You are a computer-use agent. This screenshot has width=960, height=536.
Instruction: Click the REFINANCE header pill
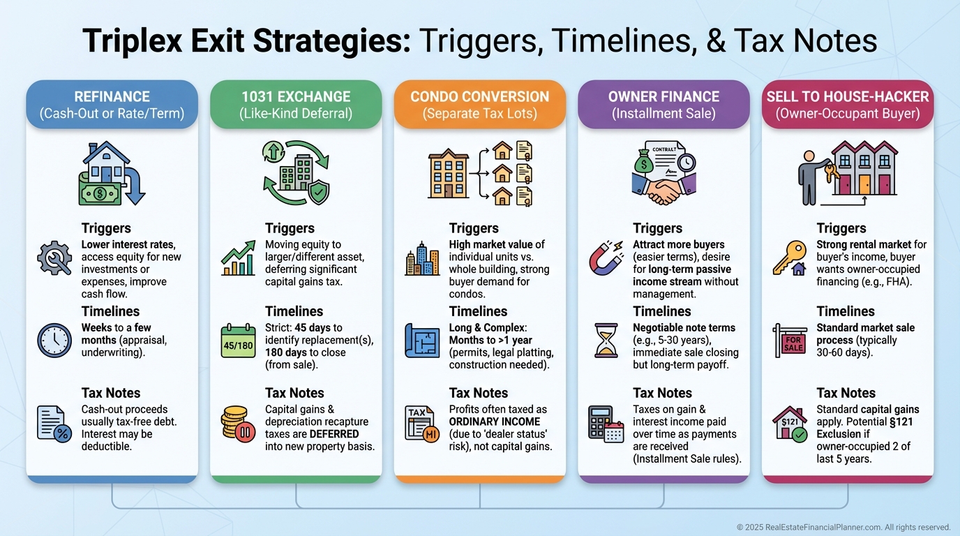(112, 105)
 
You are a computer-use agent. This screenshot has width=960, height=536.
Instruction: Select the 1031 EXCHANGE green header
(296, 105)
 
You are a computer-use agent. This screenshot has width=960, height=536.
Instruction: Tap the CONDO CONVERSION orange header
(480, 105)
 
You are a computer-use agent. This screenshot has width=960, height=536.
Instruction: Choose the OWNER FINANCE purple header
(663, 105)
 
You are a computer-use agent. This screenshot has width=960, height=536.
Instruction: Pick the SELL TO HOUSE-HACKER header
(848, 105)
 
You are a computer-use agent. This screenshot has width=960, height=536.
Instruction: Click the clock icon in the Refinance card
(54, 341)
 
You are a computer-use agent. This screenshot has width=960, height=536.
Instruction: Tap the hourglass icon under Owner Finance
(606, 341)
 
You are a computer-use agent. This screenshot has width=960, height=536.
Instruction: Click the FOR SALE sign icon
(790, 341)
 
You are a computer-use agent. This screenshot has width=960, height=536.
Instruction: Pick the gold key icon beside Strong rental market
(790, 259)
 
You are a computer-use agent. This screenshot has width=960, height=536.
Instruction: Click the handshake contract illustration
(663, 173)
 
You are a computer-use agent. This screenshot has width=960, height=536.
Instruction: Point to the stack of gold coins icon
(238, 423)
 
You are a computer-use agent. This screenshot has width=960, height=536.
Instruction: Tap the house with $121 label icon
(790, 423)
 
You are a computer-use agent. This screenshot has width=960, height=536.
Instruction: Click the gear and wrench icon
(54, 259)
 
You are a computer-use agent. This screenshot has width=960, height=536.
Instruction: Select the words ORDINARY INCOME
(494, 422)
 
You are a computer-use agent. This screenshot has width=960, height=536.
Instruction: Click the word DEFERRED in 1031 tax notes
(334, 434)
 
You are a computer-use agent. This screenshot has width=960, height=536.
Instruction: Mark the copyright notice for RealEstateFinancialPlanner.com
(843, 527)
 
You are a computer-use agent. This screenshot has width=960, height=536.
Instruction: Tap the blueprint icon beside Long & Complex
(422, 341)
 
